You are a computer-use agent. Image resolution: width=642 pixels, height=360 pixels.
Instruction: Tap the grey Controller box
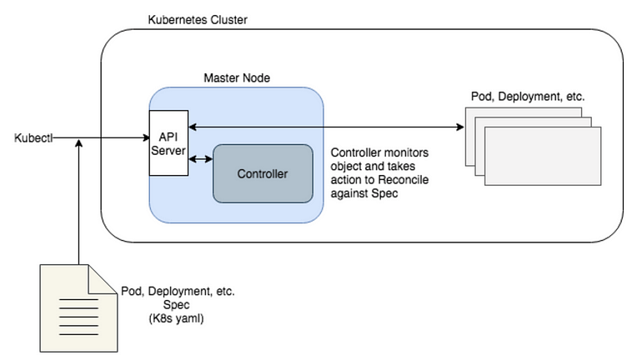pos(263,174)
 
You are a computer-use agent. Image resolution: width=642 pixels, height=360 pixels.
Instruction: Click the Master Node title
pos(237,77)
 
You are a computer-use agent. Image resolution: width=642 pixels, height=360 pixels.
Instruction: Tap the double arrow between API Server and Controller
pos(201,157)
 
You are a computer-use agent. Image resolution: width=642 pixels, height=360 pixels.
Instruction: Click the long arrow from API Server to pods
pos(325,127)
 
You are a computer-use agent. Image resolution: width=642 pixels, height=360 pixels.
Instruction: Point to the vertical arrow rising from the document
pos(78,200)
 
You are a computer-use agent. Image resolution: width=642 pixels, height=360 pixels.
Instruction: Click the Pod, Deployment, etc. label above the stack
pos(525,97)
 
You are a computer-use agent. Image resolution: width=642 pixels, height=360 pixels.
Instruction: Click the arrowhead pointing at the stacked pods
pos(460,127)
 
